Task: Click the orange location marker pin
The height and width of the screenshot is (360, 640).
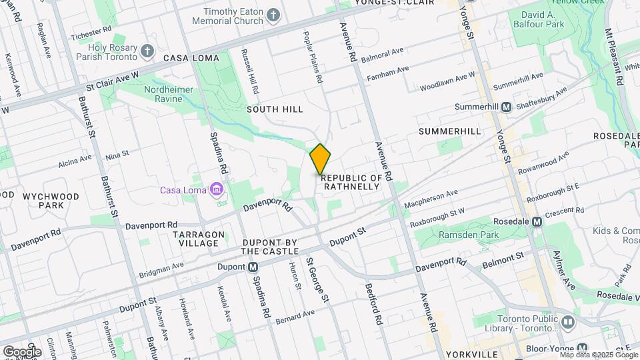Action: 320,159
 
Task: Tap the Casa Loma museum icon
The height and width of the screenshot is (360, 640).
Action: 216,191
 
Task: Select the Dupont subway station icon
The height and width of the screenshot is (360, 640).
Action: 253,267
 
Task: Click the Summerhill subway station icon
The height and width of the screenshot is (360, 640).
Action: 506,107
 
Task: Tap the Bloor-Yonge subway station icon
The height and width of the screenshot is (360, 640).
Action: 582,349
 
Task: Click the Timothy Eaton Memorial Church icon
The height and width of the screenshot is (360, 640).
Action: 273,15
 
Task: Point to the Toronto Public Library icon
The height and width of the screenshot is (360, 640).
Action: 567,323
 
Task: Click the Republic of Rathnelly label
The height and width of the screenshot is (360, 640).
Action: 352,183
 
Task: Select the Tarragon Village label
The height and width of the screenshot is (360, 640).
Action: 195,239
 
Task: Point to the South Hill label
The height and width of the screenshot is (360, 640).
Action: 275,109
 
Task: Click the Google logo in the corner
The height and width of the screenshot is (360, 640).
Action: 21,351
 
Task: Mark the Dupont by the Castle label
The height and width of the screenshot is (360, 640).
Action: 269,247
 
